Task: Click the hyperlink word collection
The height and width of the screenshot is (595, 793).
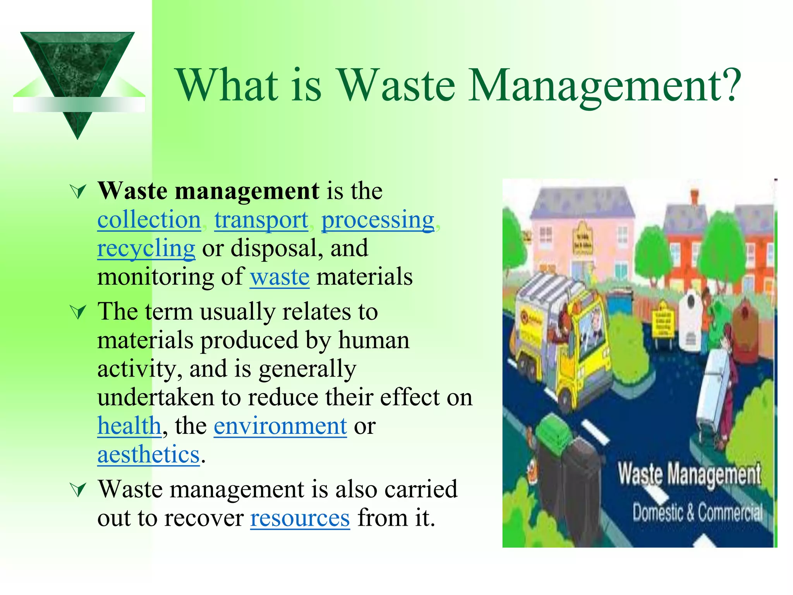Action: [x=149, y=220]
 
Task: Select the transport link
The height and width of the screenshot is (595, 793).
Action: [x=261, y=220]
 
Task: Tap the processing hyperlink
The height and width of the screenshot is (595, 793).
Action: [x=378, y=220]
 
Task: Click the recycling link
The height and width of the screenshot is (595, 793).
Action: [x=146, y=248]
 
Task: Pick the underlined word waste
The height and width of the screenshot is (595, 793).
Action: [x=280, y=277]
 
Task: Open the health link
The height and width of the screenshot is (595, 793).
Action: [x=129, y=426]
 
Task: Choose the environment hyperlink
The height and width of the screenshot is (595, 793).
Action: [x=280, y=426]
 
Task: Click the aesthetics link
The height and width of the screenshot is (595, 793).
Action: [x=148, y=454]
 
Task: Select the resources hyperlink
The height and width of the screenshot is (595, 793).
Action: [x=300, y=518]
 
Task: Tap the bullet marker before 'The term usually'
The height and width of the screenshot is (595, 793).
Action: [x=78, y=312]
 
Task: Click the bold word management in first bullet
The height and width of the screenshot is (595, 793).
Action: [x=247, y=191]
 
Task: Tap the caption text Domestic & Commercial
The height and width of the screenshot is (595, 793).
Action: [x=697, y=513]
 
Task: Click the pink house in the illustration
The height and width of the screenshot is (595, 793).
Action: [x=581, y=232]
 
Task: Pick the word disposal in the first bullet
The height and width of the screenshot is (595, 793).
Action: [x=277, y=248]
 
